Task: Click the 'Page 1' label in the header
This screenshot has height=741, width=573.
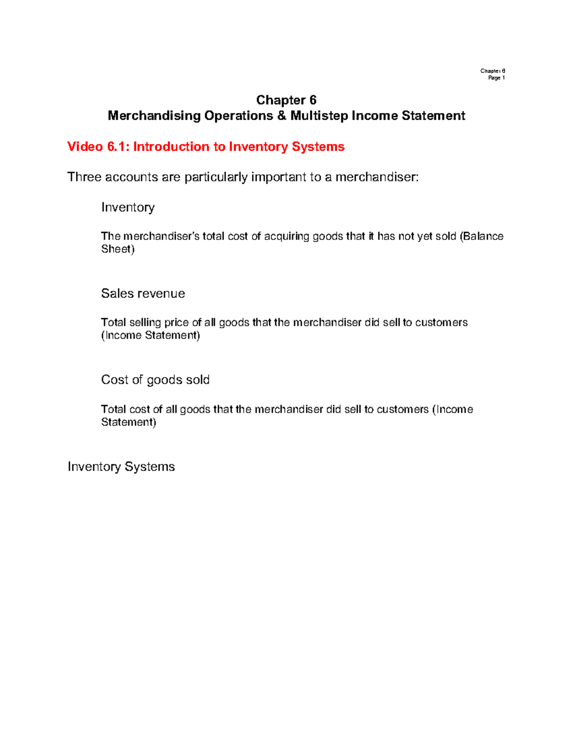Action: [x=496, y=78]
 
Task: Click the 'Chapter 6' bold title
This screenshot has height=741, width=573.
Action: [x=286, y=100]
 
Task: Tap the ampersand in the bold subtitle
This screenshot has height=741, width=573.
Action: [x=282, y=116]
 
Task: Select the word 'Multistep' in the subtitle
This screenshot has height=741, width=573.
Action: [x=319, y=116]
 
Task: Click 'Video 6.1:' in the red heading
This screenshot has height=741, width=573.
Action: [x=98, y=146]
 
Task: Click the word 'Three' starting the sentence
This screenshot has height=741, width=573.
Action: [x=84, y=177]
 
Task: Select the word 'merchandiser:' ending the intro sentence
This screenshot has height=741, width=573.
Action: [x=377, y=177]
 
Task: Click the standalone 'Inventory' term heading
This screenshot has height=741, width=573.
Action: [x=127, y=207]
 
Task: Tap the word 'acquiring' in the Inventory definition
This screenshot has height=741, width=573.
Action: [x=286, y=236]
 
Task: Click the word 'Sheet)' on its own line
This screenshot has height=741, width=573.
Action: [x=117, y=249]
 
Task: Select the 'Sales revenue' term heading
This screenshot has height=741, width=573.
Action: [x=143, y=293]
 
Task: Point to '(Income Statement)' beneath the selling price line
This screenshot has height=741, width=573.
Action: [x=150, y=335]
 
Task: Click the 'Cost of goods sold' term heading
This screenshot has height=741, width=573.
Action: [x=155, y=380]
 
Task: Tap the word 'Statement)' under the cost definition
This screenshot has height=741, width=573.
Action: [x=128, y=422]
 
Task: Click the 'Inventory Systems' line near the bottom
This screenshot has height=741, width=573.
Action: [x=121, y=467]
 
